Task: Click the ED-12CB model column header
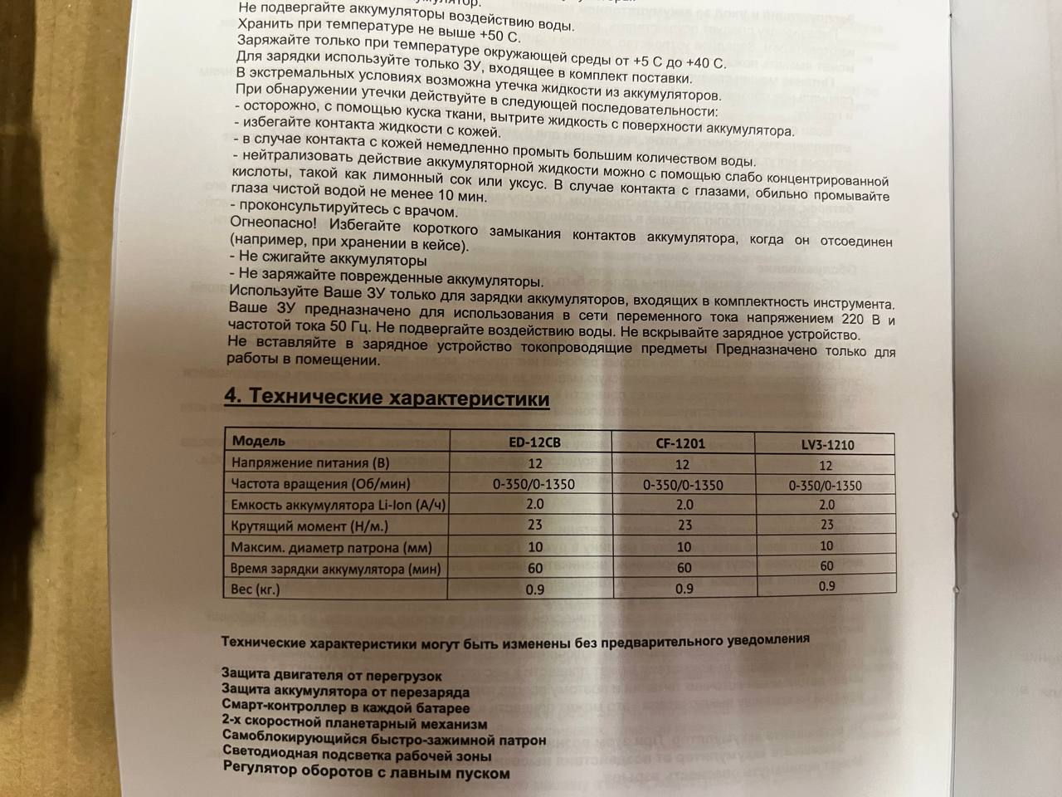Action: pos(534,443)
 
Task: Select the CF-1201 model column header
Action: pos(680,443)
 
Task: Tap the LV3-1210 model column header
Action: pos(827,445)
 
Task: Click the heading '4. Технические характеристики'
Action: pos(387,398)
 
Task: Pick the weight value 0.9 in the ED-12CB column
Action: pos(534,589)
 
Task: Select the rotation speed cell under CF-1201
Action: pos(683,485)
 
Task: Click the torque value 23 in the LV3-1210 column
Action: pos(826,525)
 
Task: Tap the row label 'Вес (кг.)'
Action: pos(256,589)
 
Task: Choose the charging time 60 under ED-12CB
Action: pos(534,569)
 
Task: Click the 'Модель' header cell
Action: pos(259,441)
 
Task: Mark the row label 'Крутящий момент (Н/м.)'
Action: pos(309,526)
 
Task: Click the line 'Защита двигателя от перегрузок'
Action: pos(332,677)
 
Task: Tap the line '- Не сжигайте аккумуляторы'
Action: pos(328,260)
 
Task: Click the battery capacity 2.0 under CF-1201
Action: pos(684,505)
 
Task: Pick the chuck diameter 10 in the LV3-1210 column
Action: pos(826,546)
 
